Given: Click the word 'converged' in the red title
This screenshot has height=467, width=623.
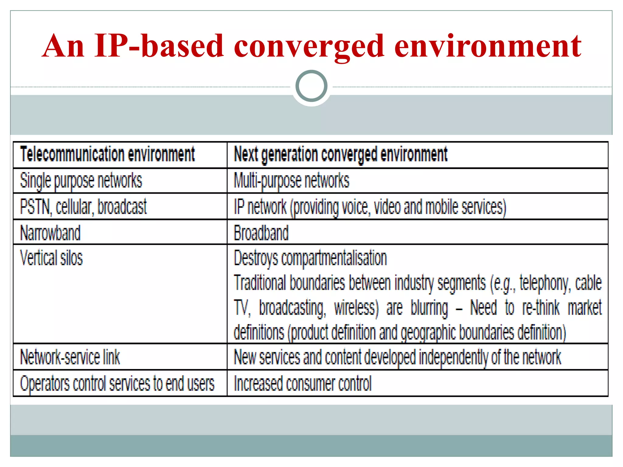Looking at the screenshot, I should click(x=309, y=46).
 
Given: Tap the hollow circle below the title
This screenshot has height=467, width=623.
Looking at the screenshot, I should click(x=311, y=86).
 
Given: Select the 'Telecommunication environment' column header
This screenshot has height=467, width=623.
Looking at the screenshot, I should click(x=107, y=154).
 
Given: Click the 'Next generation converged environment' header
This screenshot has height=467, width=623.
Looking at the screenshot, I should click(x=340, y=154).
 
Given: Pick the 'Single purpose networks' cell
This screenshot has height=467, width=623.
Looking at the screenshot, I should click(x=81, y=181).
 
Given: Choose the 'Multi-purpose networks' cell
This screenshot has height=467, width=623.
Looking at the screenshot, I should click(x=291, y=181).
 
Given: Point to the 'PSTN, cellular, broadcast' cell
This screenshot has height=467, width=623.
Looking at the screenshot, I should click(x=83, y=207).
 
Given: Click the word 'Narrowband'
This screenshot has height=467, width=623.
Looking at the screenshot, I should click(x=50, y=233).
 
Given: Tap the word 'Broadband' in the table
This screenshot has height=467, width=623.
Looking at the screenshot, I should click(x=261, y=233).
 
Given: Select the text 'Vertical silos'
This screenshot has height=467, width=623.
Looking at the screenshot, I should click(x=51, y=258).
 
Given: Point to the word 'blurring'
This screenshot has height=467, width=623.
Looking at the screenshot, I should click(x=429, y=308).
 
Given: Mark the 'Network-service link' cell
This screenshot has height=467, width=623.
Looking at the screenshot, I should click(x=70, y=357).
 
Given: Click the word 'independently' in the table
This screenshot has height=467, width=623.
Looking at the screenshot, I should click(x=454, y=357).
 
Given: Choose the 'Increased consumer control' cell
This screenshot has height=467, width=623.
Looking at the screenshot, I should click(x=303, y=383).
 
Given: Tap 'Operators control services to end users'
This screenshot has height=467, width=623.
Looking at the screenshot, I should click(x=117, y=383).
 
